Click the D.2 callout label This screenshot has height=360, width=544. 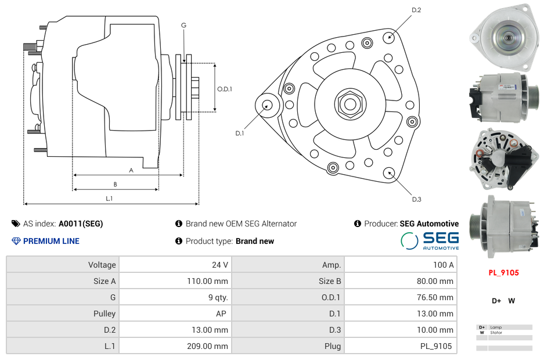point(416,10)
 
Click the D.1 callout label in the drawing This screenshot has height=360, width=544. point(239,134)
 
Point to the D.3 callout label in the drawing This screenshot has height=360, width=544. point(416,199)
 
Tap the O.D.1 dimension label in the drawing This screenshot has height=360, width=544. point(225,89)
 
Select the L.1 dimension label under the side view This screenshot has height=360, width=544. point(109,199)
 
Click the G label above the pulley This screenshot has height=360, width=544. point(183,25)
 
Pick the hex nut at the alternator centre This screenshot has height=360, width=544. point(350,104)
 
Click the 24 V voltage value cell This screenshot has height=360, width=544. point(175,265)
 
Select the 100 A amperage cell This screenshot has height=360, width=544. point(400,265)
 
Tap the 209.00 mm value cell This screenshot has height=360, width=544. point(175,346)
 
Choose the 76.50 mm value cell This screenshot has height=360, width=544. point(400,297)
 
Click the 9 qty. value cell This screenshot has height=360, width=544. point(175,297)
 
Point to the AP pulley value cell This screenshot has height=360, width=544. point(175,314)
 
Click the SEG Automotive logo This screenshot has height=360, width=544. point(430,241)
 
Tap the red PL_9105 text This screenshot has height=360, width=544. point(503,272)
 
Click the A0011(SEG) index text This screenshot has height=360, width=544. point(81,224)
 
